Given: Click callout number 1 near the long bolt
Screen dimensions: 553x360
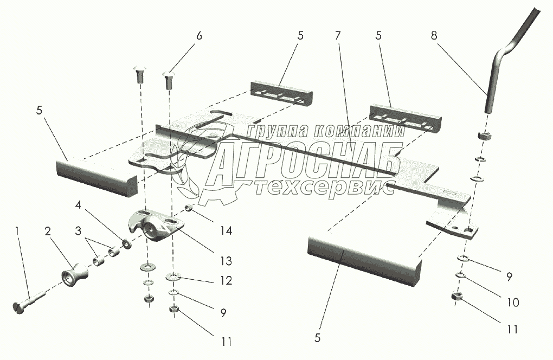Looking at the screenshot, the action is [17, 232].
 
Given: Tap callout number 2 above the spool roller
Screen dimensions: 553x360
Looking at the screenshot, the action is [48, 232].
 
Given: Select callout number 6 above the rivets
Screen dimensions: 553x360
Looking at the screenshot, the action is [198, 36].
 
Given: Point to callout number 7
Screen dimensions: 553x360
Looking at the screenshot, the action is [338, 36].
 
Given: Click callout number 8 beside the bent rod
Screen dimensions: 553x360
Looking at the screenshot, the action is [434, 36].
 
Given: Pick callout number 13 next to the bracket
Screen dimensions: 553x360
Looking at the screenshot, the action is [226, 261].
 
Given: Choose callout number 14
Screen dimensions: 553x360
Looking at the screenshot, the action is [226, 231].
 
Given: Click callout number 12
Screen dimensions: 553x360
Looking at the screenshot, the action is [226, 281].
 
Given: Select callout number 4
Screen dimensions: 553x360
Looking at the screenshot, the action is [79, 205].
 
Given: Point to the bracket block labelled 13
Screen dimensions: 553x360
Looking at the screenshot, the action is [155, 227].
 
